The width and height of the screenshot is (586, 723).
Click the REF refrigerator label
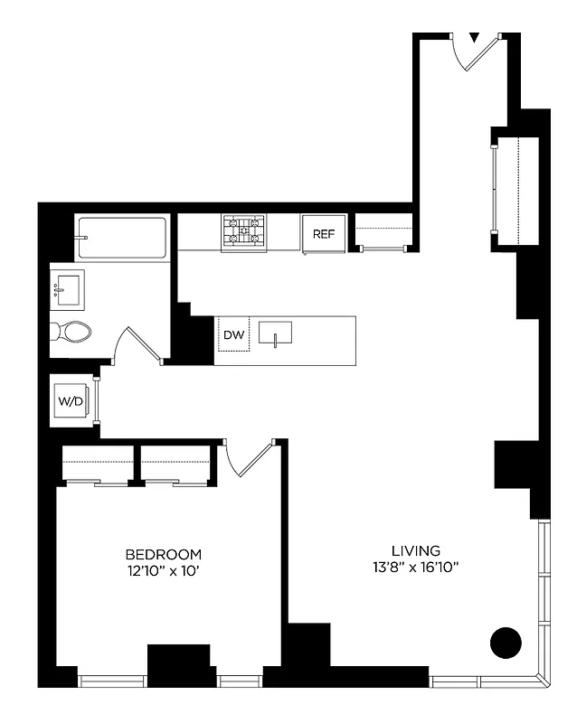pyautogui.click(x=323, y=234)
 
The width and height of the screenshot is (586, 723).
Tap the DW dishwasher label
pyautogui.click(x=233, y=335)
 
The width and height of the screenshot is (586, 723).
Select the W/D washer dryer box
pyautogui.click(x=70, y=400)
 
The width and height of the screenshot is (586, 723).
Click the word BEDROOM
pyautogui.click(x=163, y=554)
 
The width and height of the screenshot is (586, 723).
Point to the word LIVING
pyautogui.click(x=416, y=549)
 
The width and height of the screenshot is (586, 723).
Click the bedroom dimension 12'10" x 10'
pyautogui.click(x=163, y=570)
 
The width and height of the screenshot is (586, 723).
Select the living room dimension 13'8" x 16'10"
pyautogui.click(x=416, y=567)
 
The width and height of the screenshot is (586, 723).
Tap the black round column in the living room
pyautogui.click(x=506, y=643)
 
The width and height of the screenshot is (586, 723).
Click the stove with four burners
pyautogui.click(x=244, y=232)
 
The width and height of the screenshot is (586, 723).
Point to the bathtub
pyautogui.click(x=121, y=238)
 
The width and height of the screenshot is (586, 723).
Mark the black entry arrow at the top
pyautogui.click(x=474, y=38)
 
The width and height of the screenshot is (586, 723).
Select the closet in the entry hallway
pyautogui.click(x=516, y=190)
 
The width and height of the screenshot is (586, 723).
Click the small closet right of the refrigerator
pyautogui.click(x=383, y=233)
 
